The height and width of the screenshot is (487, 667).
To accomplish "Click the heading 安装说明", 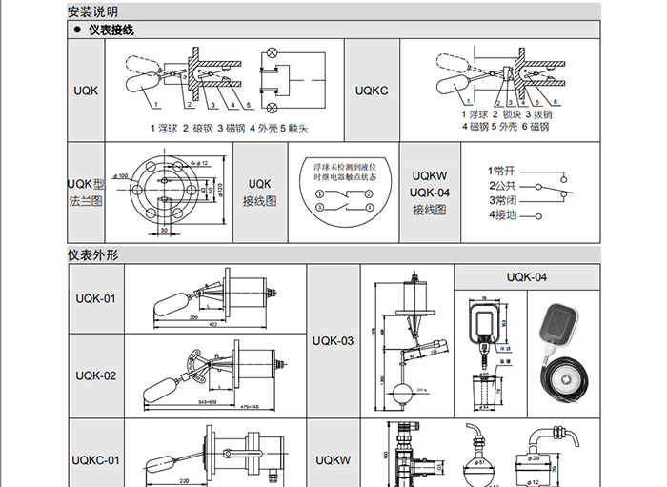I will coord(91,11).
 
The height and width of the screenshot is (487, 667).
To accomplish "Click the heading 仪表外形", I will coord(91,255).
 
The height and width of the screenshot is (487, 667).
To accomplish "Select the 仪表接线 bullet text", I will coord(111,30).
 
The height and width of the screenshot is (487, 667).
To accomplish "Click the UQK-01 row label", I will coord(95,299).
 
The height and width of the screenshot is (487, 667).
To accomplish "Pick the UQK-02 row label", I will coord(95,375).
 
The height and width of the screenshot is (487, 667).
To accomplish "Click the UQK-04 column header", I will coord(526,277).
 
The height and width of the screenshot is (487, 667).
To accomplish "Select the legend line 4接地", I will coord(502,214).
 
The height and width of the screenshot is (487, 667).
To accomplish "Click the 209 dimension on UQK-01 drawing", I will coord(193,316).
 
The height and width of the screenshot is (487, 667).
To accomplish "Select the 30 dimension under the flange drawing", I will coord(164,230).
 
